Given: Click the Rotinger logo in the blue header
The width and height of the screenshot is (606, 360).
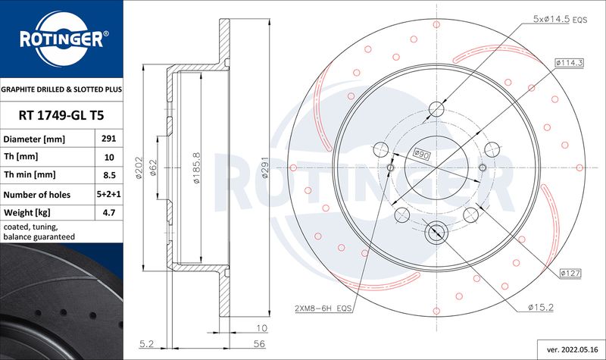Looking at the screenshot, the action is [62, 39].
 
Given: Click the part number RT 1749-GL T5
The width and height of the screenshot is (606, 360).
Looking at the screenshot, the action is [61, 115].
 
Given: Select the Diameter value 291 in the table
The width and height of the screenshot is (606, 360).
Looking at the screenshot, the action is [108, 139].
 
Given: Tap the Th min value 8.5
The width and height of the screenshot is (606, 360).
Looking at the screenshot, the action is [109, 175].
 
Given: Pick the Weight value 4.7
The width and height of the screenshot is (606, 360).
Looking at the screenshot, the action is [109, 212].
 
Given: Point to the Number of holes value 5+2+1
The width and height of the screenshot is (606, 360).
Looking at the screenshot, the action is [109, 194].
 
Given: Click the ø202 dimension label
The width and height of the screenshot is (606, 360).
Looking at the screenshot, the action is [139, 167].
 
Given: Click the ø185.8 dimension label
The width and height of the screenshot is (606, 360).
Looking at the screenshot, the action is [196, 167].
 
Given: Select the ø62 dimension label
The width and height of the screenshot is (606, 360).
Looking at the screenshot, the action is [153, 167].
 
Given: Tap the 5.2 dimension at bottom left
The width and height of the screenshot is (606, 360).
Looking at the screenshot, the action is [146, 344].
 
